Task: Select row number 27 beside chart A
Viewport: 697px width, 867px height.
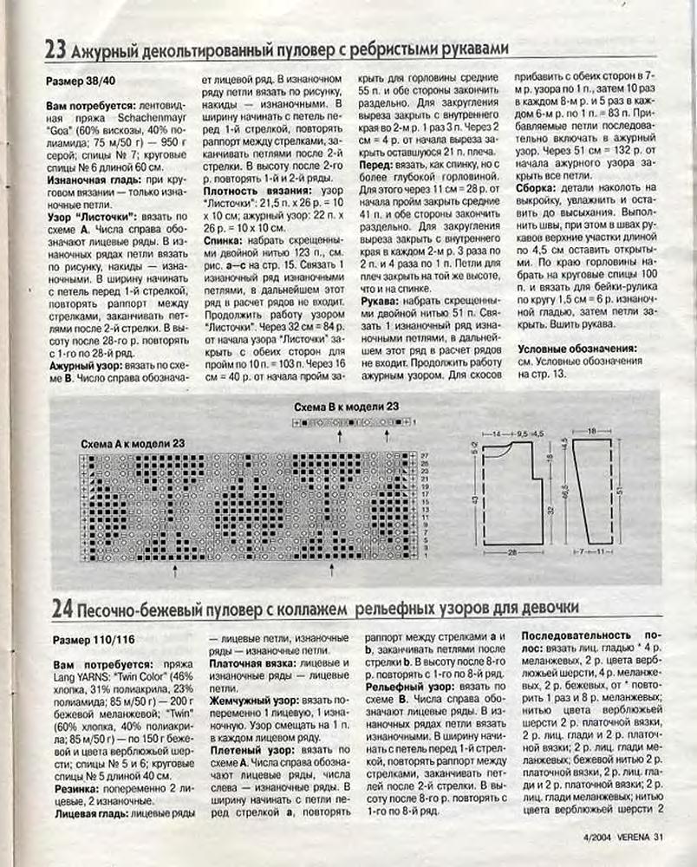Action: tap(425, 455)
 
